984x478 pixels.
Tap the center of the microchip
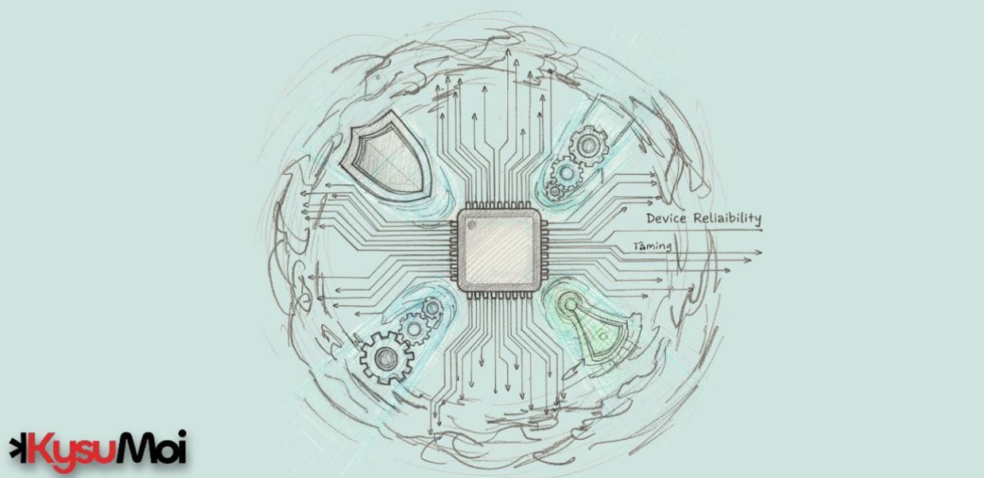[x=499, y=251]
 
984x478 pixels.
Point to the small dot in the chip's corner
[x=472, y=226]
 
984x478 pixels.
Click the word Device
[x=666, y=218]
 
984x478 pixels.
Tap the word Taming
[x=653, y=246]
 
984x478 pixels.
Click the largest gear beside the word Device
[x=589, y=145]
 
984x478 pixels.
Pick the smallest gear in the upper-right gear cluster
[x=554, y=191]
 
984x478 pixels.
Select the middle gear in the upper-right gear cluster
[x=567, y=173]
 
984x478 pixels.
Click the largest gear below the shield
[x=386, y=358]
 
